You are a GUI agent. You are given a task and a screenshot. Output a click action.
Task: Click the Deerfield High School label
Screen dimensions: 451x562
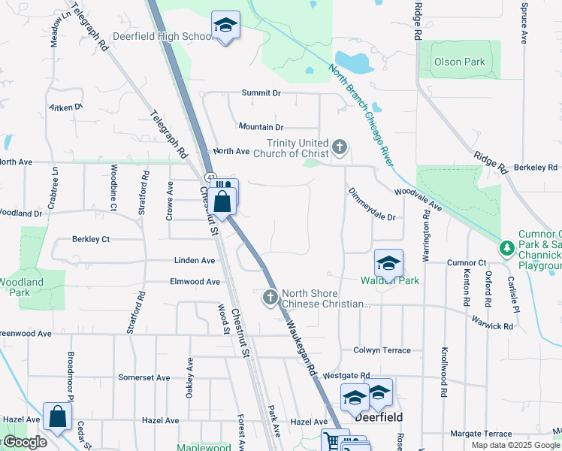162,36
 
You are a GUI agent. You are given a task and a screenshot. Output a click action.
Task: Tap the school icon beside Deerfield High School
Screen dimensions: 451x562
225,26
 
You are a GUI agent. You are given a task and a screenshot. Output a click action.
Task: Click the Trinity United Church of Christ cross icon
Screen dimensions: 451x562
340,146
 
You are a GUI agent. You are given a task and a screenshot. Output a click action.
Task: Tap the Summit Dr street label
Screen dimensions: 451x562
261,93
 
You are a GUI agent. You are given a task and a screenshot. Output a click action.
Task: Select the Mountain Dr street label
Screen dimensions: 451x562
260,128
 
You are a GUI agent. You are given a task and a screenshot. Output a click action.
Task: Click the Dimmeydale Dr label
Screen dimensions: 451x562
371,204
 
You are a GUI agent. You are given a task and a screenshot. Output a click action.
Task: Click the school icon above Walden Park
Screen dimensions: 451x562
388,264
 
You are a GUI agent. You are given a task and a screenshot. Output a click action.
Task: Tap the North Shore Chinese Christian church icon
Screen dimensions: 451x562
270,298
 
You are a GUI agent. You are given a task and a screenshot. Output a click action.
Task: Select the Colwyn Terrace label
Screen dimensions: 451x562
382,350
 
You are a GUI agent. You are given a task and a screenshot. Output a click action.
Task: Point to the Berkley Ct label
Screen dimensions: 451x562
91,239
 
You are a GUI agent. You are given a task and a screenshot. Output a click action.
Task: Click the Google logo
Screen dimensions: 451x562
24,442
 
